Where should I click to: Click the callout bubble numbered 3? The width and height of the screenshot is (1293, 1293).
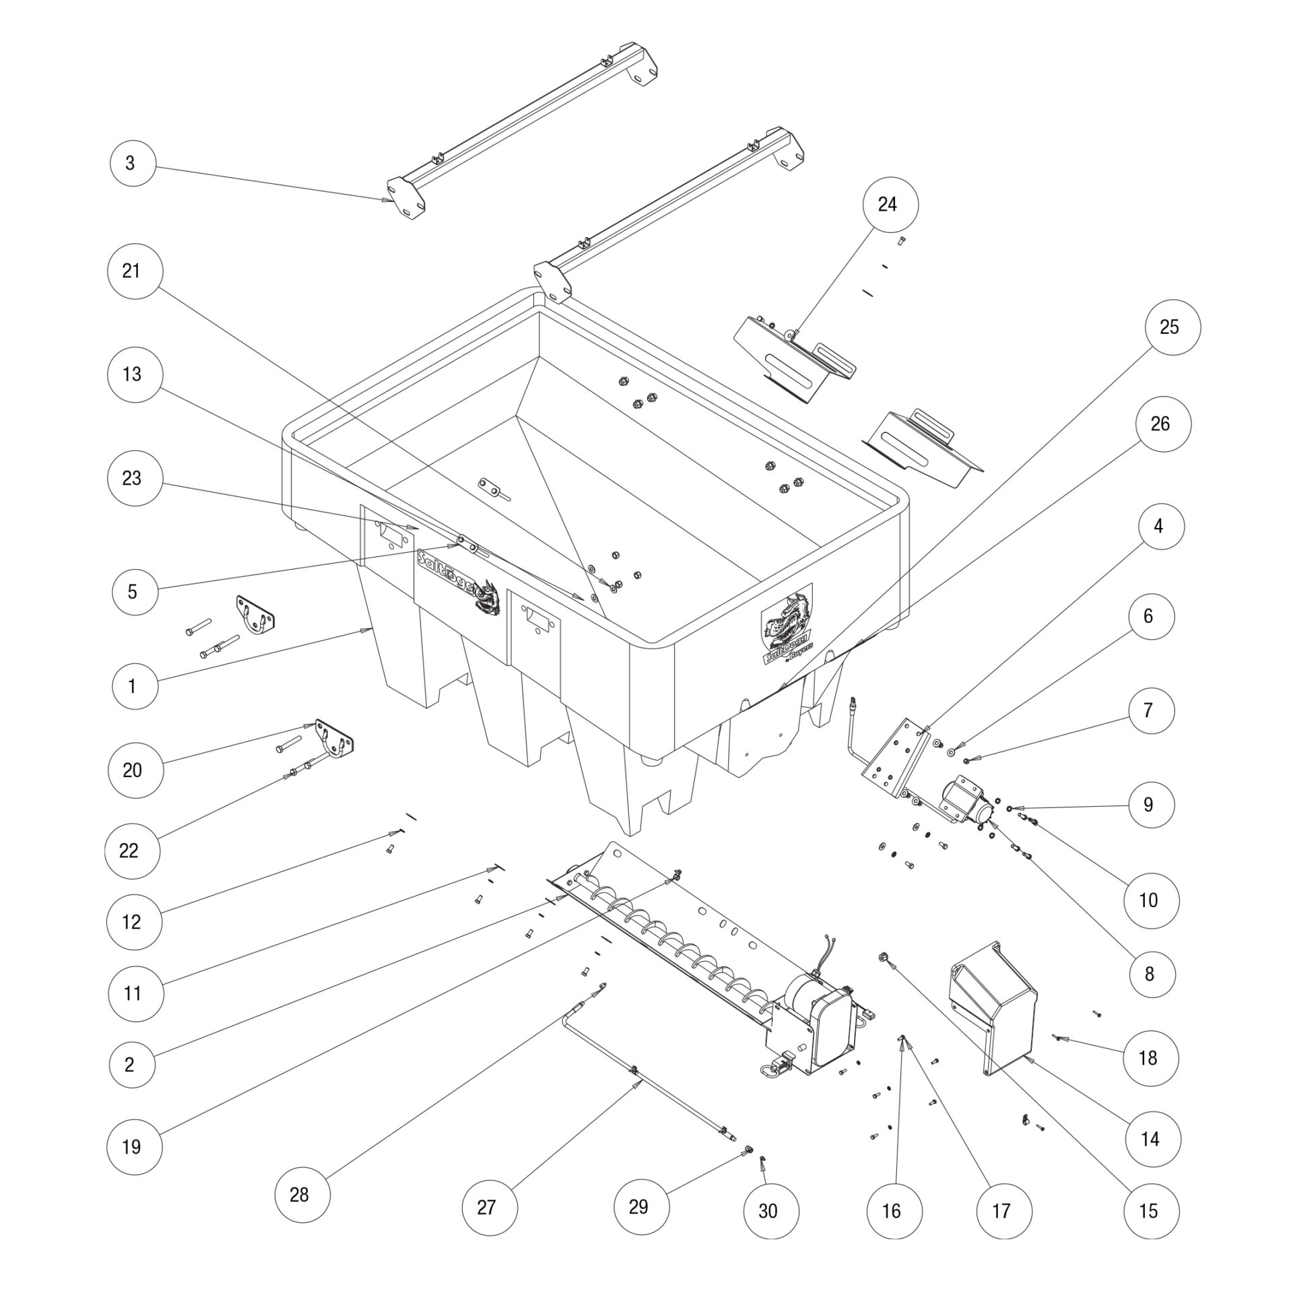[130, 162]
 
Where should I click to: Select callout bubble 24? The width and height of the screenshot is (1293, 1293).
[888, 204]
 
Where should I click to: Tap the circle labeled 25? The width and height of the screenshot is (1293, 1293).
[1169, 327]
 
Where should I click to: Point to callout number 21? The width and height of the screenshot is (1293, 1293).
[131, 271]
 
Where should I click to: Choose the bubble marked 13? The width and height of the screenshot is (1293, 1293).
[132, 374]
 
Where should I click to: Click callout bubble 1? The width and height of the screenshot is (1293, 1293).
[132, 686]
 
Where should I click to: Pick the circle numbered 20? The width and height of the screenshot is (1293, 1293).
[132, 770]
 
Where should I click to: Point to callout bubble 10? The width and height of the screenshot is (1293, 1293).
[1148, 900]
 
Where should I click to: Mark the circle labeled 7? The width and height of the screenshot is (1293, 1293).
[1148, 710]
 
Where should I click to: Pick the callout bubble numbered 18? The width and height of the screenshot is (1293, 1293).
[1148, 1057]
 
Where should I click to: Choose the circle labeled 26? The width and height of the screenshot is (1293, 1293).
[1160, 424]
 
